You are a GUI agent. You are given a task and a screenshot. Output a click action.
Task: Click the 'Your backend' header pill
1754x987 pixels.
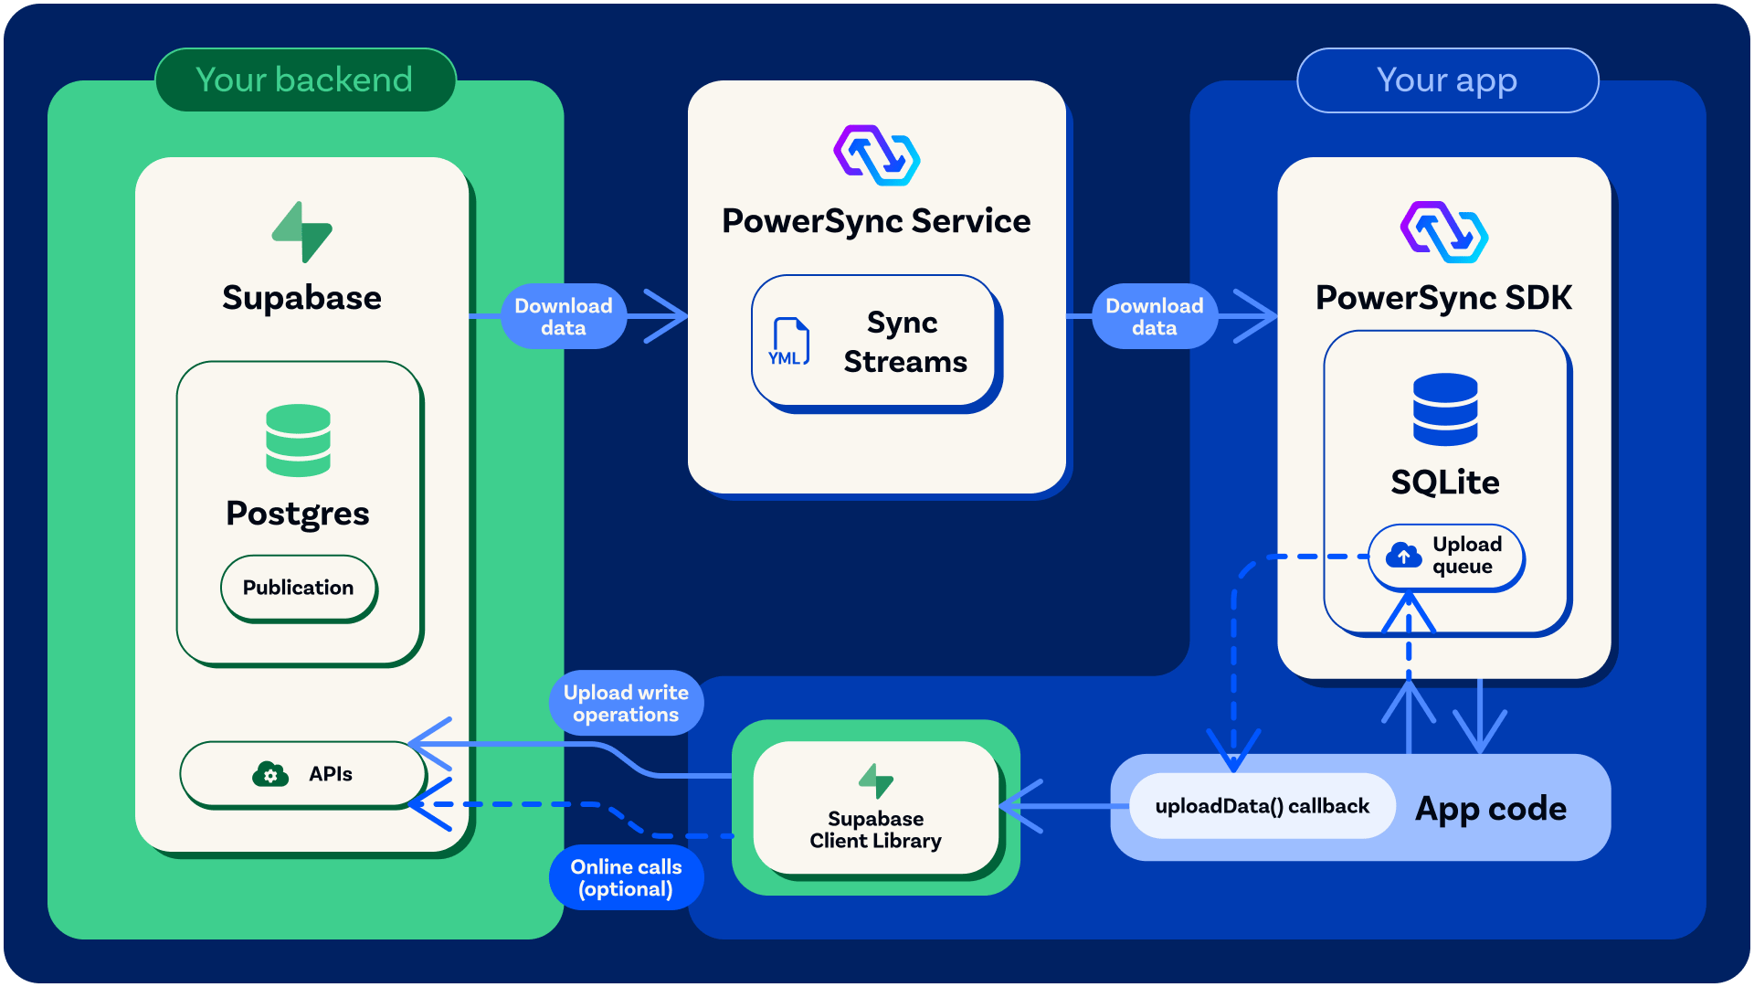tap(305, 80)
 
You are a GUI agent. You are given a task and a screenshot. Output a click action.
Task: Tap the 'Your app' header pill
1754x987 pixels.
tap(1447, 80)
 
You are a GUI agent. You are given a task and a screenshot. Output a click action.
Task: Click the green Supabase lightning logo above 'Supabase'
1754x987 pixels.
tap(301, 232)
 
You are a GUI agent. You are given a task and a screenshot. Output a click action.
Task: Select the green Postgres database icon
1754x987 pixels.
tap(298, 440)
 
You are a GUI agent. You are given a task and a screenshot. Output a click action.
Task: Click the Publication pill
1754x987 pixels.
tap(299, 588)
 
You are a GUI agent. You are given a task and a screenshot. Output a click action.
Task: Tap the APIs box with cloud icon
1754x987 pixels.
tap(303, 774)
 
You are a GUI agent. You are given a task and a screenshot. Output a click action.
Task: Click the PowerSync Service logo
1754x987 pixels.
tap(877, 155)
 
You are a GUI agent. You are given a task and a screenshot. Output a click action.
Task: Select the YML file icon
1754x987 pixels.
tap(788, 342)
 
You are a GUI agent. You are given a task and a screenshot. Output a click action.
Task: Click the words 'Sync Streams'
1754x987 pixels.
tap(904, 342)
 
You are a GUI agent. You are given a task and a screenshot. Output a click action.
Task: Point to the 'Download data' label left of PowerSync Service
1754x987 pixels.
tap(564, 316)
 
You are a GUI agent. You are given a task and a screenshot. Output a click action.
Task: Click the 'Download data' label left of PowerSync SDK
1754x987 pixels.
tap(1155, 316)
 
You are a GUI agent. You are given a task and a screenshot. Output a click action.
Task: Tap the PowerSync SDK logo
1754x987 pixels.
tap(1444, 232)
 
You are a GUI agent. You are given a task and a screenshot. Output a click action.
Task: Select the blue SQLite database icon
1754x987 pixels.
tap(1445, 409)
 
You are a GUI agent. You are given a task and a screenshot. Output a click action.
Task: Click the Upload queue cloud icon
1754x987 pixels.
tap(1403, 555)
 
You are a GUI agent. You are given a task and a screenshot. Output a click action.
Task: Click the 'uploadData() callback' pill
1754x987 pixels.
tap(1262, 806)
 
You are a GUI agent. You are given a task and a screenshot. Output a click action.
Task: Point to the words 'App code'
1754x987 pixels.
tap(1491, 809)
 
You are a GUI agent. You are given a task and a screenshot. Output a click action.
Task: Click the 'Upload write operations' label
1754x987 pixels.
tap(626, 703)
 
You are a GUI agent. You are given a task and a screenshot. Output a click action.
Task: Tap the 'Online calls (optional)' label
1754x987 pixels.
tap(626, 877)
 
